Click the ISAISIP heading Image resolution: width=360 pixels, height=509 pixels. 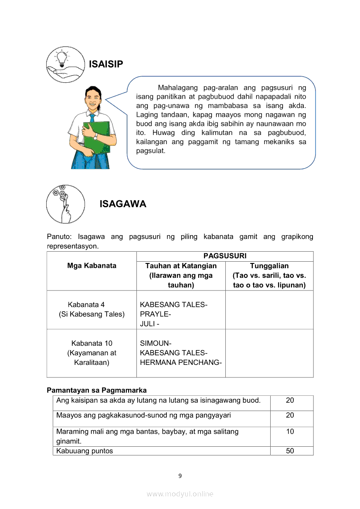pos(106,64)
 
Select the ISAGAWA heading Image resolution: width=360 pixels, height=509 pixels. pos(123,204)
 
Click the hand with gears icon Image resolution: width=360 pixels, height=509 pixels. pos(63,203)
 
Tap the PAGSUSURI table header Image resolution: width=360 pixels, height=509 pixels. pos(225,256)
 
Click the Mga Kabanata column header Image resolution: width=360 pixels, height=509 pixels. pos(92,266)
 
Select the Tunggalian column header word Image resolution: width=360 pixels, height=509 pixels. pos(269,266)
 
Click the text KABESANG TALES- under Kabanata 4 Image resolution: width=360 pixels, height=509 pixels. pos(173,305)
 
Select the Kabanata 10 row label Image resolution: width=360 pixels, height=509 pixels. pos(92,344)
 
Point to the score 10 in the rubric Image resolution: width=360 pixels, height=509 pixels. pos(290,431)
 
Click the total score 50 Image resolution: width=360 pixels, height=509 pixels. pos(290,451)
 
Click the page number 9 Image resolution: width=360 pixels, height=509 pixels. pos(180,475)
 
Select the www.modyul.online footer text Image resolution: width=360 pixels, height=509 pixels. pos(180,494)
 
